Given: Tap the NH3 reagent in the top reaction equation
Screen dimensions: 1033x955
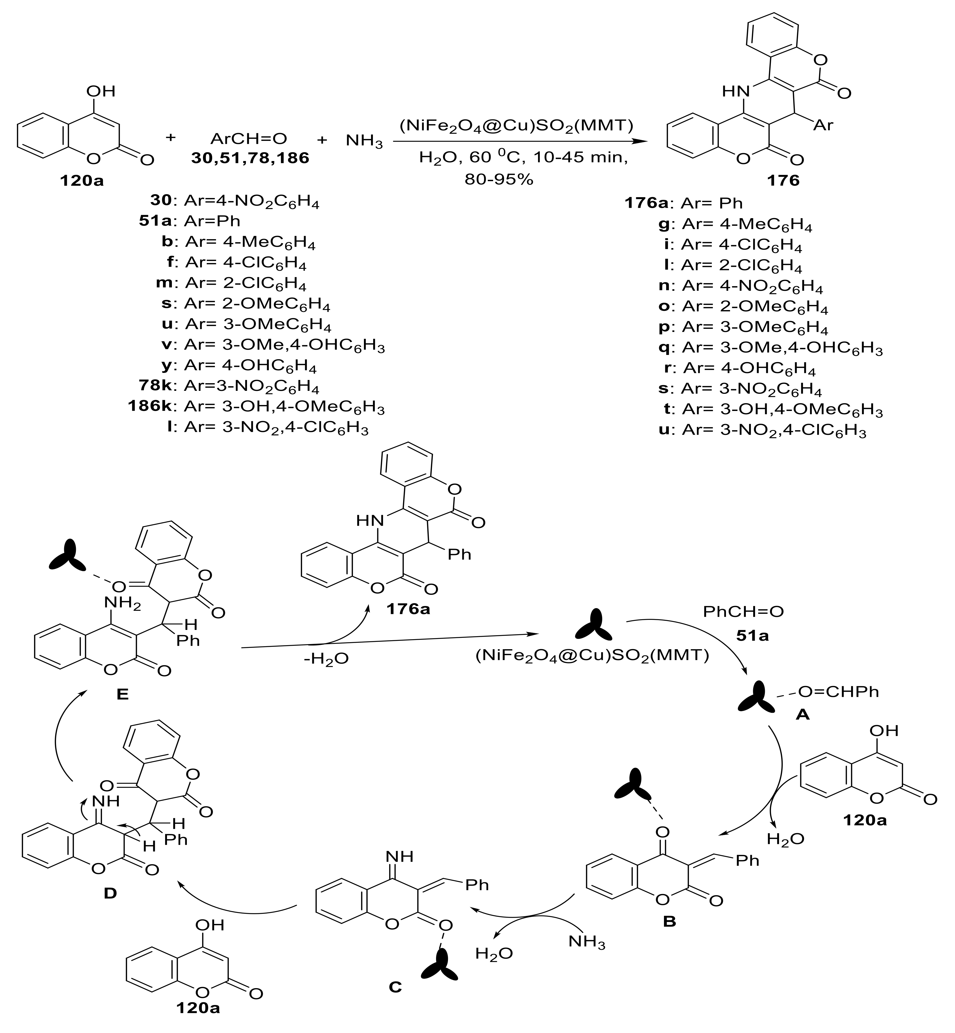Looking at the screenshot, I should [364, 141].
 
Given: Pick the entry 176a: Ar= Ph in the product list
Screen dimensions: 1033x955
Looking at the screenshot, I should [684, 203].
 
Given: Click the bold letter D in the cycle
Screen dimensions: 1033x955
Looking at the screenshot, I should [110, 893].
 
